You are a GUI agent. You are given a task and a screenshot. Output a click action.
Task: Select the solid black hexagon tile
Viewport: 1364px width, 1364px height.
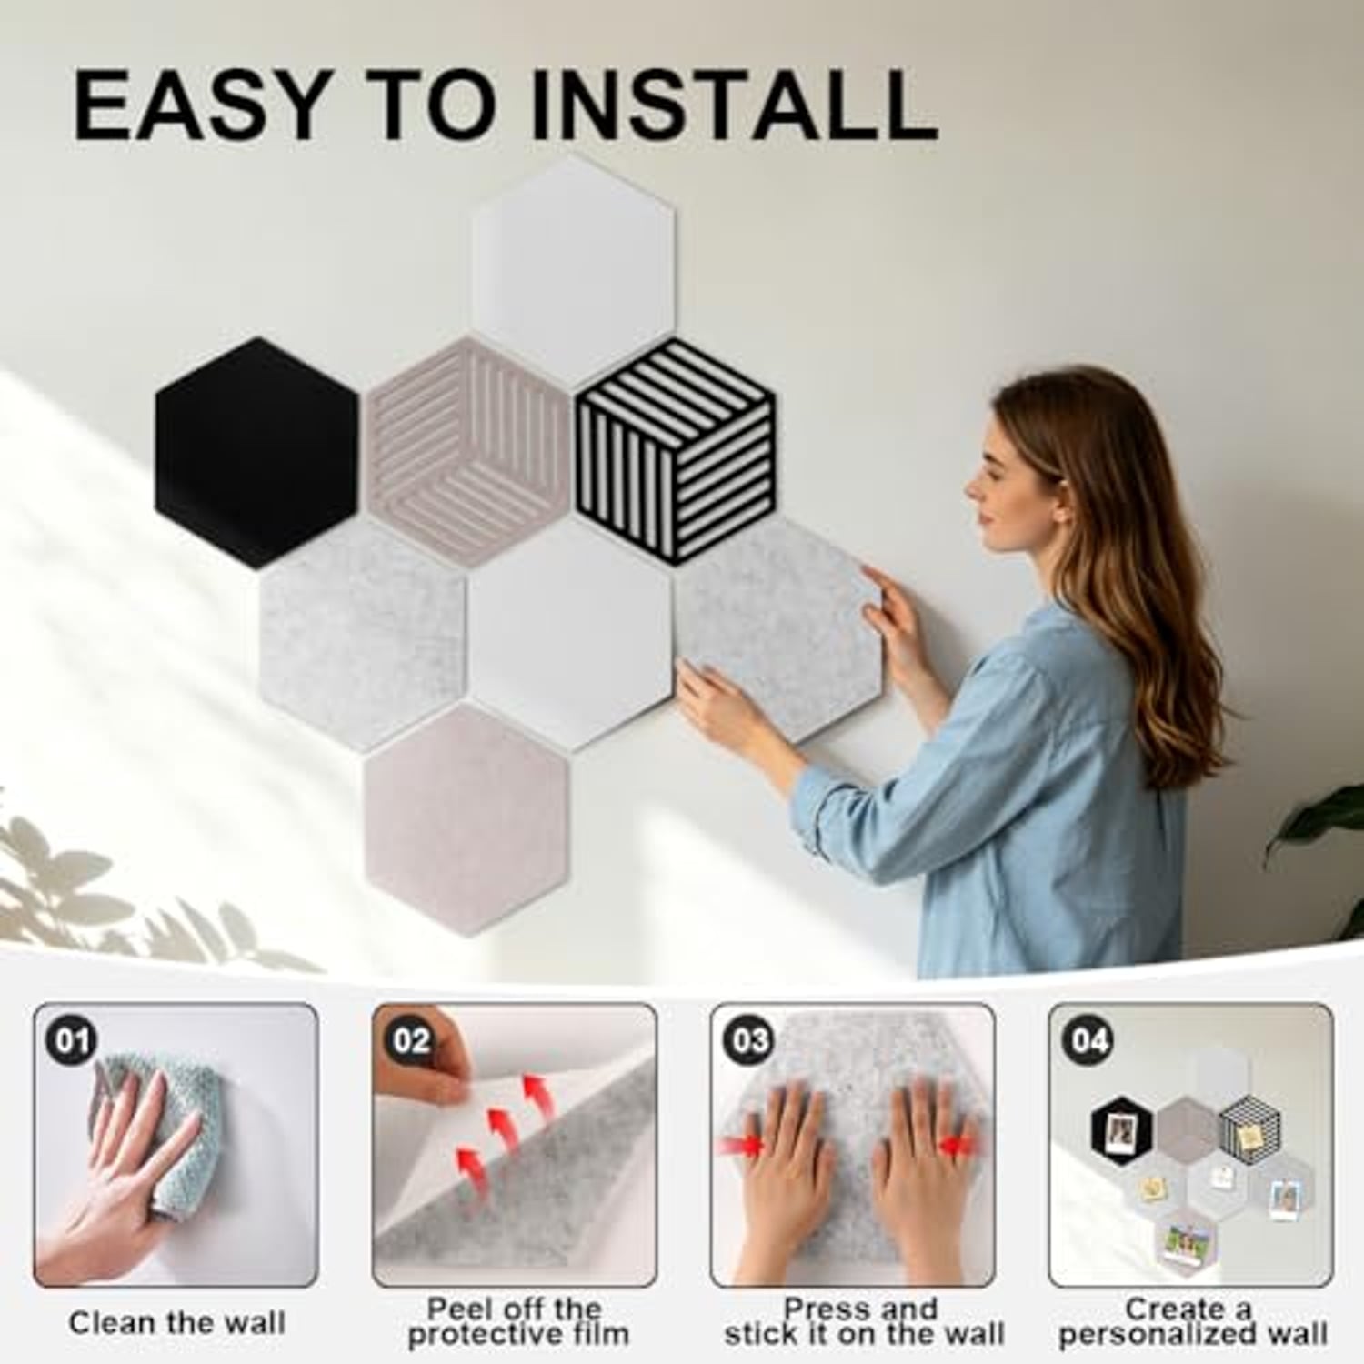tap(257, 452)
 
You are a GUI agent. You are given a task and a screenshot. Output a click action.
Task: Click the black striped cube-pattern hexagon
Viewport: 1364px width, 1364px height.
tap(676, 452)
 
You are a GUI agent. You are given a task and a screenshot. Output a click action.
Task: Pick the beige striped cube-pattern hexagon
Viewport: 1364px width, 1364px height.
tap(467, 452)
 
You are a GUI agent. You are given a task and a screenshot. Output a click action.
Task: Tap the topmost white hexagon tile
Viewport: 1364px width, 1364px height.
tap(573, 270)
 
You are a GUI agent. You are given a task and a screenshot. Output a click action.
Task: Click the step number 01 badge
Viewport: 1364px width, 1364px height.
tap(73, 1039)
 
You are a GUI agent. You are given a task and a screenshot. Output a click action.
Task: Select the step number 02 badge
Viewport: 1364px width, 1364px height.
tap(411, 1039)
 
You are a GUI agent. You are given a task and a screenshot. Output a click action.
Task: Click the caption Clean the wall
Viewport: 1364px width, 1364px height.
tap(177, 1322)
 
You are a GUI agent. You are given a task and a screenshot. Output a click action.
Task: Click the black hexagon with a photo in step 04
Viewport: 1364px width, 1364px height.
tap(1122, 1129)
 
